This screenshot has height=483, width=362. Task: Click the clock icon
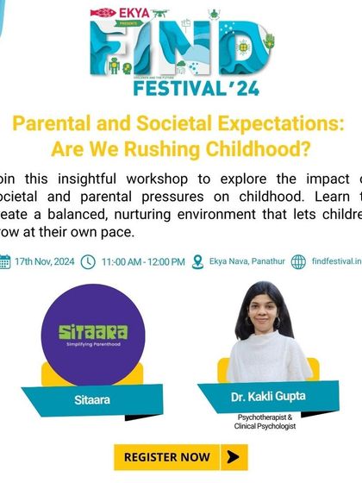87,261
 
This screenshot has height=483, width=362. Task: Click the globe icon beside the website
298,261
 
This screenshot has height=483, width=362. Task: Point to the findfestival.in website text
336,261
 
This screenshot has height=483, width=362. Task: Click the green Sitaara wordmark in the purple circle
91,331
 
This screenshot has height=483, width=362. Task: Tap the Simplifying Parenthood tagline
91,344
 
